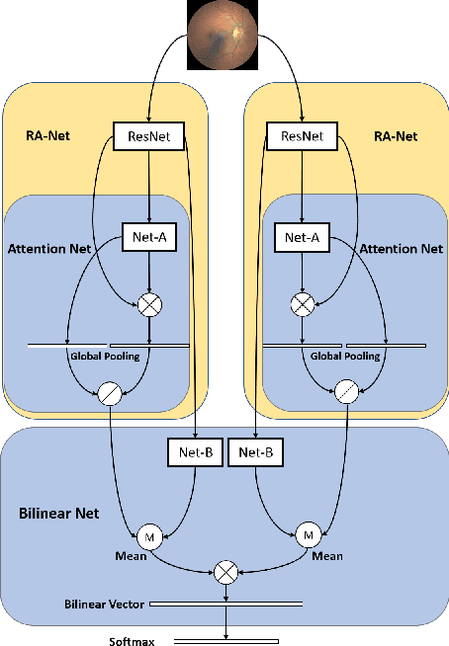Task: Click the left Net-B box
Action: pyautogui.click(x=195, y=453)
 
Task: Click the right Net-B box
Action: pyautogui.click(x=256, y=453)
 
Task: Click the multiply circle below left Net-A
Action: pyautogui.click(x=149, y=306)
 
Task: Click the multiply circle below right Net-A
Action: pyautogui.click(x=300, y=306)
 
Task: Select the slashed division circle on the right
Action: pyautogui.click(x=345, y=393)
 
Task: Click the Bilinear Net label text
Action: pyautogui.click(x=57, y=515)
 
